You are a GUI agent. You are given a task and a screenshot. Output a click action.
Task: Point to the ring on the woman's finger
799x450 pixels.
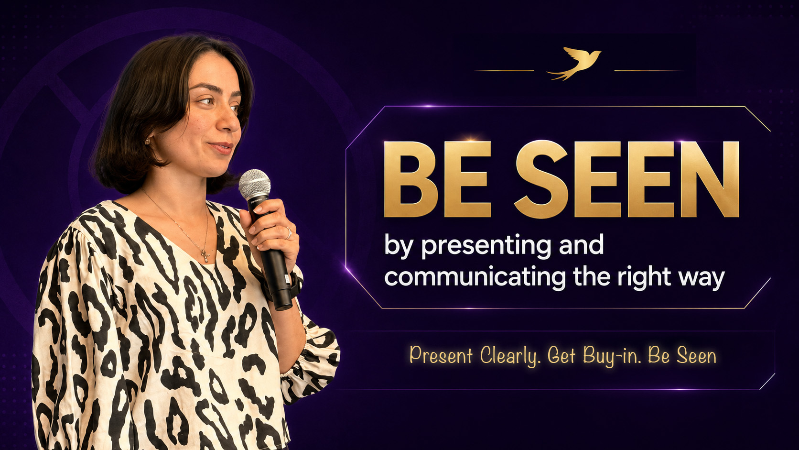click(x=289, y=233)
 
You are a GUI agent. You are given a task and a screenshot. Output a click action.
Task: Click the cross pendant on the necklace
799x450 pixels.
click(x=206, y=256)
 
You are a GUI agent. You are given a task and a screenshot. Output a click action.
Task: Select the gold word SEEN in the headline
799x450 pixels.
click(x=626, y=179)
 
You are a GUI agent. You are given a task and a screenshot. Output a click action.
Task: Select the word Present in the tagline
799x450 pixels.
click(x=441, y=355)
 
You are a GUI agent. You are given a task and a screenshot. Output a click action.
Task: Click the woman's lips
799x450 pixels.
click(x=221, y=147)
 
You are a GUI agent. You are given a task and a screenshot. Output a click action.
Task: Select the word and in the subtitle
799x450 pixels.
click(x=582, y=245)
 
